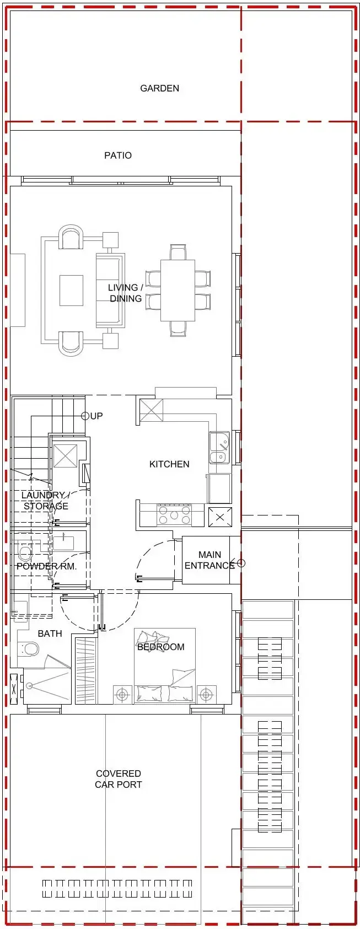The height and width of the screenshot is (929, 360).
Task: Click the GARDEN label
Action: [160, 88]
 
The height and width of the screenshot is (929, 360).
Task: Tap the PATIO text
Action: [118, 155]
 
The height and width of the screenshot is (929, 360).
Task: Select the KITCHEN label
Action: [169, 464]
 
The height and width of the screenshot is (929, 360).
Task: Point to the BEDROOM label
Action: [161, 647]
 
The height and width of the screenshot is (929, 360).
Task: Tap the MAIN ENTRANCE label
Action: [209, 560]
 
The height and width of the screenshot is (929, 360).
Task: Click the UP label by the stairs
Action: [96, 416]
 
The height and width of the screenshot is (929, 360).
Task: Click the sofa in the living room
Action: [110, 291]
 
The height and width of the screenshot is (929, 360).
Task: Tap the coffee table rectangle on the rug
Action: [71, 291]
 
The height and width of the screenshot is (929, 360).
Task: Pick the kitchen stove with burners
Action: [174, 515]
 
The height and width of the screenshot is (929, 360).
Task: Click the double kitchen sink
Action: [219, 448]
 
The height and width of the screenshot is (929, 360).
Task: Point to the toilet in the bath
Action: [29, 648]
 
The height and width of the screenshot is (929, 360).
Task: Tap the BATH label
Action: [50, 633]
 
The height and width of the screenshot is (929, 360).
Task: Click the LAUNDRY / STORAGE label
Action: [46, 501]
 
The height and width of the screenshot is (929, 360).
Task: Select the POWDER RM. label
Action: [47, 566]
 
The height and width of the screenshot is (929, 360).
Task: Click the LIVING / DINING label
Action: [125, 293]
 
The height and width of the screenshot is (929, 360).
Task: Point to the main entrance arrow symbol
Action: [237, 563]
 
